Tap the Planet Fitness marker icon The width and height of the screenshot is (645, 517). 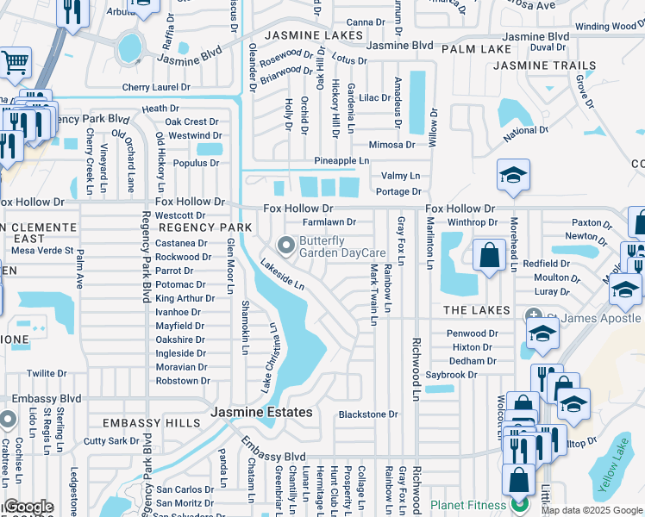pos(518,503)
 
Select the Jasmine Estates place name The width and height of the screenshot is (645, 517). pos(262,413)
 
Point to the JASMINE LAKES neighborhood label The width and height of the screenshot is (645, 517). pos(313,35)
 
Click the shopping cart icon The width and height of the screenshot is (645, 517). pos(15,63)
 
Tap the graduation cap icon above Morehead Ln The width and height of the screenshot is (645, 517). pos(512,176)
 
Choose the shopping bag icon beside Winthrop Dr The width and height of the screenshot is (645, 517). pos(489,256)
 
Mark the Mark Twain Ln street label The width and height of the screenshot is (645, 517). pos(374,295)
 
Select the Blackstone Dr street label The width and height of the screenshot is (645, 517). pos(368,414)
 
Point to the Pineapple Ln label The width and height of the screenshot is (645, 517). pos(341,161)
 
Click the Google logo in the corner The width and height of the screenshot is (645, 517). pos(29,507)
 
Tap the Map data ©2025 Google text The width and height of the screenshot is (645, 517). pos(592,510)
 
